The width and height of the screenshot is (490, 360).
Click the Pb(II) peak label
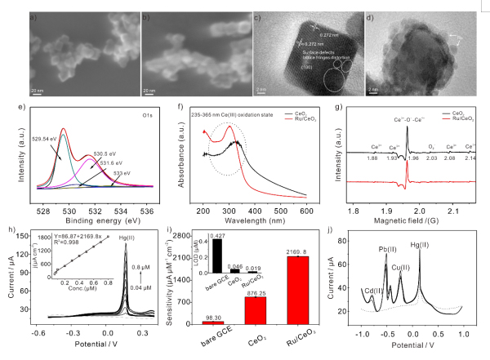(x=386, y=246)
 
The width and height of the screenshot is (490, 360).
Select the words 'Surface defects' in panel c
(x=291, y=64)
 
